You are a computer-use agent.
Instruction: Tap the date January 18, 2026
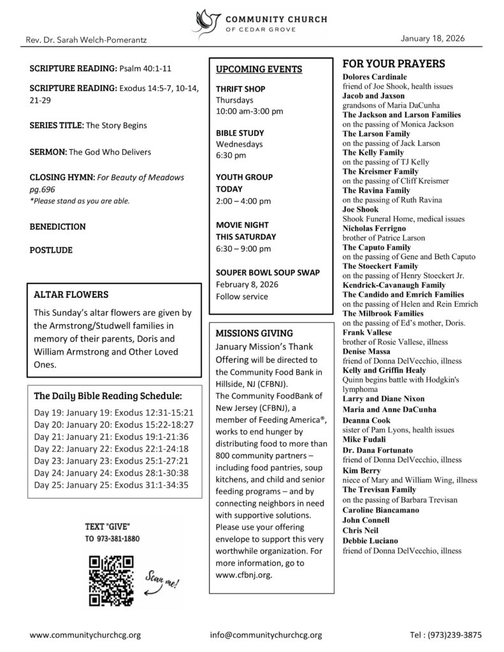click(x=433, y=38)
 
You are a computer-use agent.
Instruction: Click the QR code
click(x=112, y=579)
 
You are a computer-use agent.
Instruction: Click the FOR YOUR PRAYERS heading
click(x=394, y=64)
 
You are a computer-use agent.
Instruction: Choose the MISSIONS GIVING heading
click(x=254, y=333)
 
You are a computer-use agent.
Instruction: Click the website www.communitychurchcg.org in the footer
click(x=85, y=635)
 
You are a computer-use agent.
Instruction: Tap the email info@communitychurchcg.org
click(x=266, y=635)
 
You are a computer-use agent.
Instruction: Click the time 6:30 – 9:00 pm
click(x=243, y=248)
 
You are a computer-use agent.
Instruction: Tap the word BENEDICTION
click(x=57, y=226)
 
